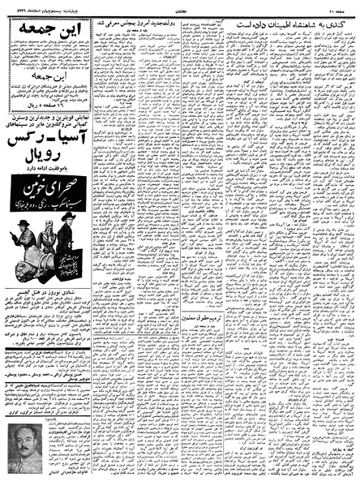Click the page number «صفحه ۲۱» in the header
coord(341,6)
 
